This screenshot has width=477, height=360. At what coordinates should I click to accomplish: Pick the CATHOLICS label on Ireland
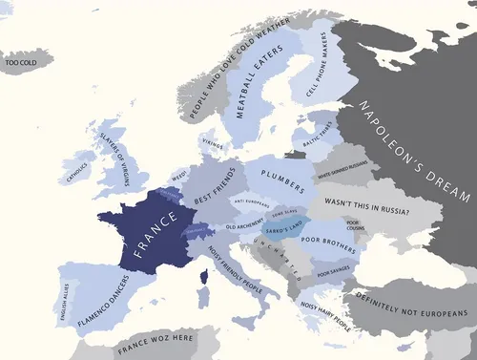coord(76,171)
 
